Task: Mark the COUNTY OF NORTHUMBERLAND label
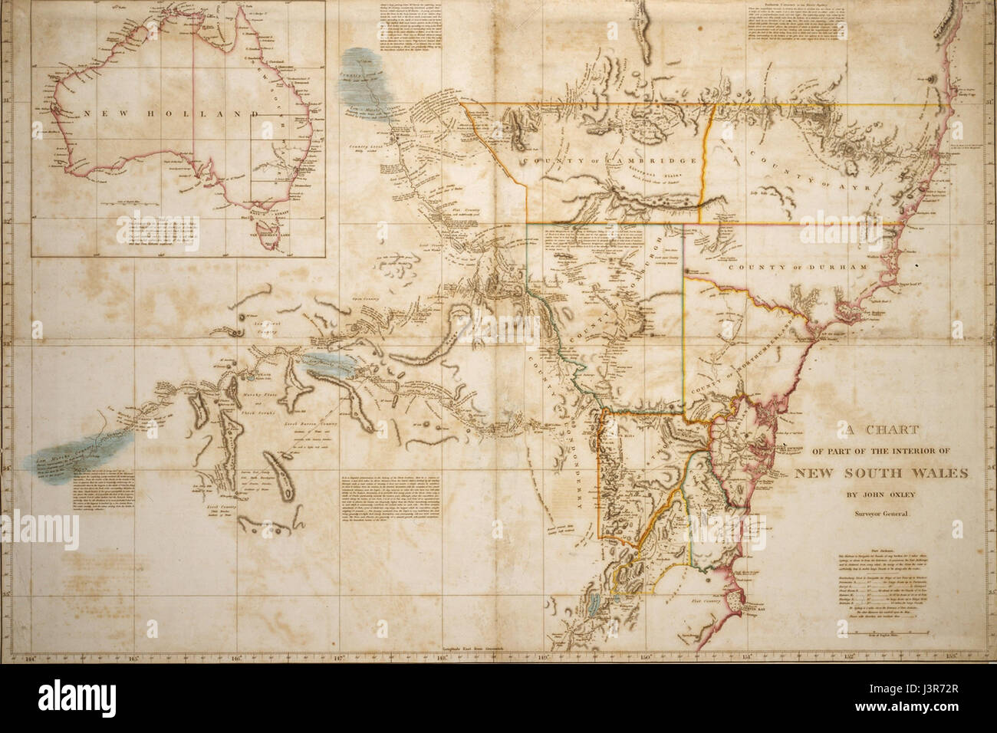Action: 738,360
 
